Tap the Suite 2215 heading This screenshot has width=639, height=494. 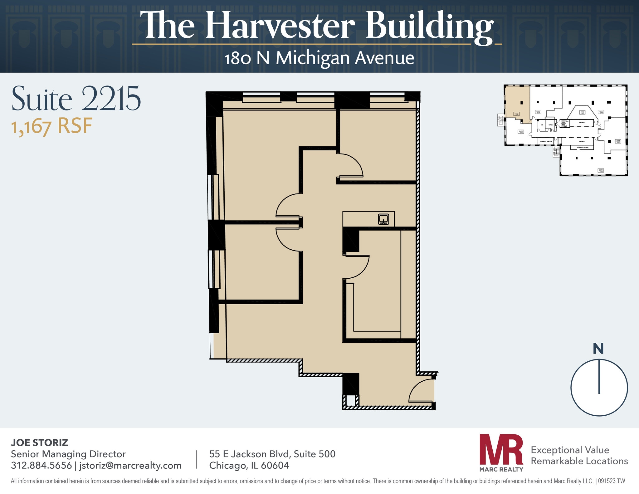point(76,99)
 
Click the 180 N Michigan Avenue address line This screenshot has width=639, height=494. point(319,58)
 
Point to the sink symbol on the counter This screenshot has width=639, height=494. point(383,219)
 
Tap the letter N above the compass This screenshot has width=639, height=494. point(598,349)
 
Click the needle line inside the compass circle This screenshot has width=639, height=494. point(599,376)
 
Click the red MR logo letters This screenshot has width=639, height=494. point(501,449)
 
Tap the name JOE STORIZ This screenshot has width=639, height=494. point(39,443)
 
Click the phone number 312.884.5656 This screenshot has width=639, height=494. point(41,466)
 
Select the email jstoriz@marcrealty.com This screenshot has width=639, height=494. point(130,466)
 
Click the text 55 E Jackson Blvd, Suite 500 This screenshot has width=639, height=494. point(272,454)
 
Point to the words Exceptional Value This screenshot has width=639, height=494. point(570,450)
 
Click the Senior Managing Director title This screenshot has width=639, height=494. point(68,454)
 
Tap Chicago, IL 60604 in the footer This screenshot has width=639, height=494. point(249,466)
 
